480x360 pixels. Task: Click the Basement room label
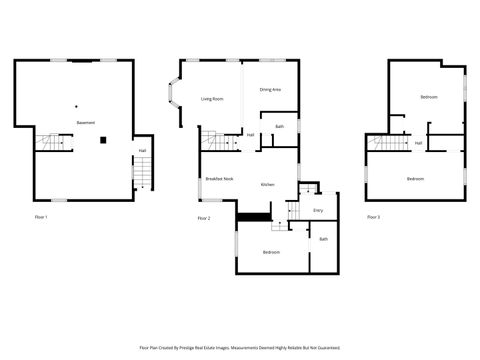[x=85, y=122]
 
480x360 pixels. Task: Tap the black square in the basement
[x=103, y=141]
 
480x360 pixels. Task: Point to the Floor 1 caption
[x=40, y=217]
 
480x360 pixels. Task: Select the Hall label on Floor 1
[x=142, y=152]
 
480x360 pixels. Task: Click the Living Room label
[x=211, y=98]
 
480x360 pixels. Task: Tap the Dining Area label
[x=270, y=90]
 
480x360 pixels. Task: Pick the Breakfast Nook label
[x=219, y=178]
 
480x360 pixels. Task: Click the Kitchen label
[x=268, y=185]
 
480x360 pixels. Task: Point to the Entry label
[x=318, y=210]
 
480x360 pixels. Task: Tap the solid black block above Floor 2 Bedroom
[x=254, y=217]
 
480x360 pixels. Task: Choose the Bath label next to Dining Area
[x=280, y=127]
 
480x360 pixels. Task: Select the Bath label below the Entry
[x=323, y=239]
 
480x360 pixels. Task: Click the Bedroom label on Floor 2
[x=271, y=252]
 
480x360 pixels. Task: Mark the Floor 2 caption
[x=204, y=218]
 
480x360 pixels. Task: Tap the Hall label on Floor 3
[x=417, y=143]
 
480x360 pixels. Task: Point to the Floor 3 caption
[x=373, y=217]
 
